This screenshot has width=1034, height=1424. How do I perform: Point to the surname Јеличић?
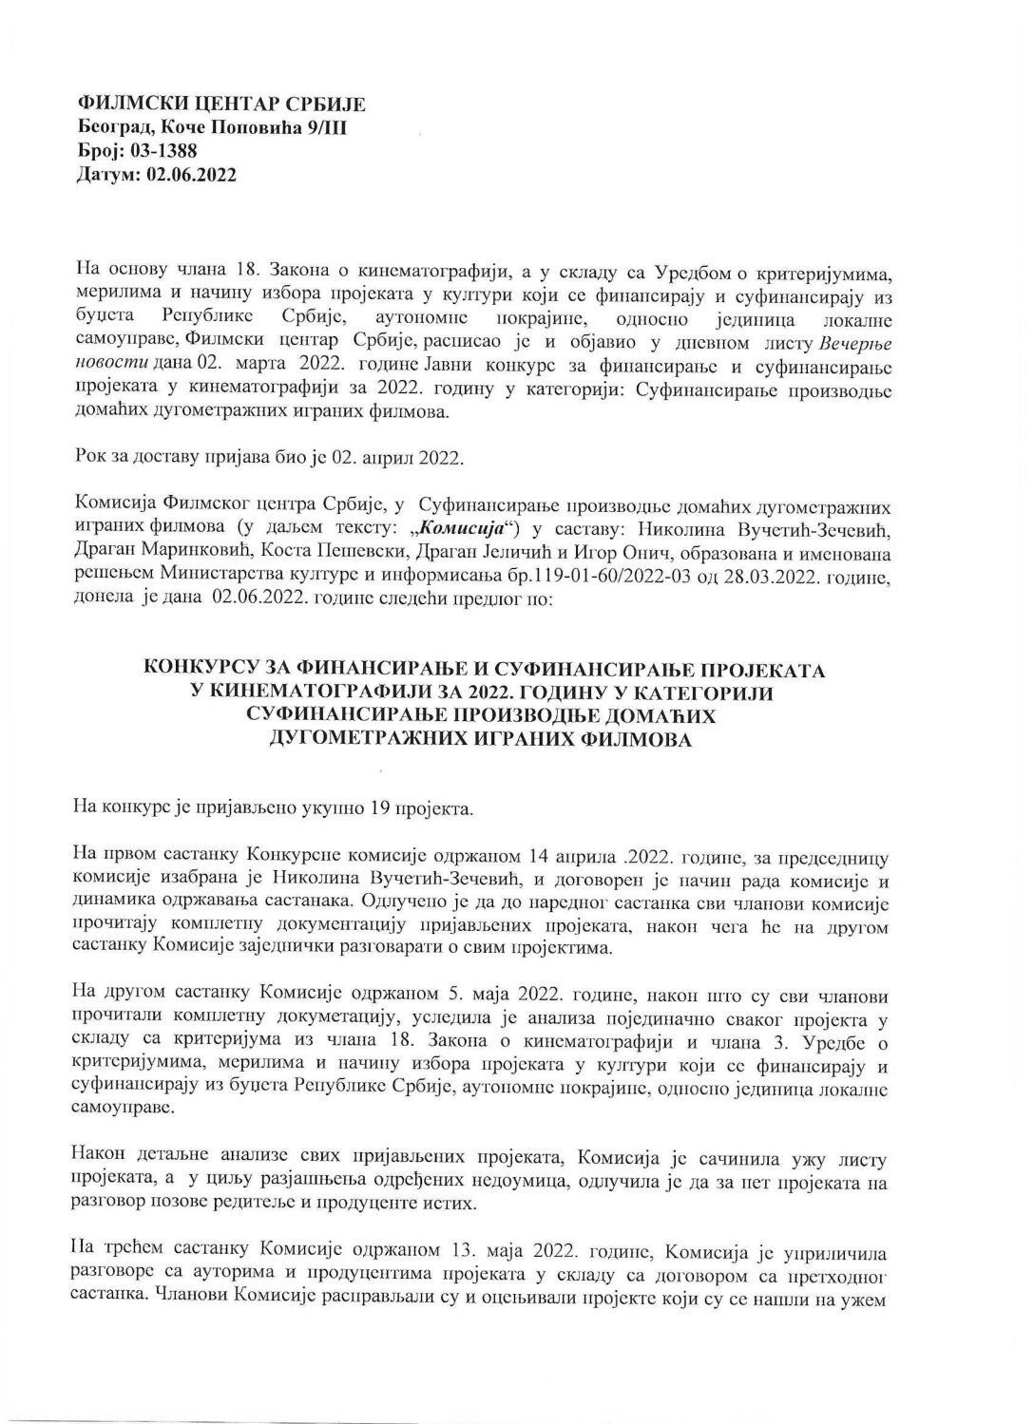click(x=588, y=551)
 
